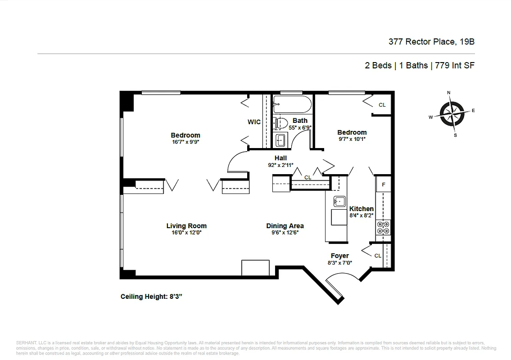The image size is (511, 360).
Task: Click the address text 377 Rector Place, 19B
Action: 431,42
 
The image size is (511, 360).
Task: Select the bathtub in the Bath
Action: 292,104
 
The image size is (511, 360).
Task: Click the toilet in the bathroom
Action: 280,122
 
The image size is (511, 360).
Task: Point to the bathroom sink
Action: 280,140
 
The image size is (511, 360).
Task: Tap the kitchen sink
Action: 339,201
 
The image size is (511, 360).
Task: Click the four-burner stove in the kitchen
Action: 384,227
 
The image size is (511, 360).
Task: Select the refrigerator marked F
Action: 384,184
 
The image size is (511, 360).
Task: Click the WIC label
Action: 254,122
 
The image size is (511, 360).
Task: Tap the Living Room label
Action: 186,226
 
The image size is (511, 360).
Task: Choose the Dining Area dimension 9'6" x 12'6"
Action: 285,233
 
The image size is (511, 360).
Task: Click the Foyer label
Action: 340,256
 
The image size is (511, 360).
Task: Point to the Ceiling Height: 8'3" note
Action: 151,297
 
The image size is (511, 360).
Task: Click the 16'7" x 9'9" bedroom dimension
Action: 185,142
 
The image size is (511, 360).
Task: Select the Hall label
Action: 280,158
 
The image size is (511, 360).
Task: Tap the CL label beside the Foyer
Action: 378,256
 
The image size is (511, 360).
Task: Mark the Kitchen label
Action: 362,209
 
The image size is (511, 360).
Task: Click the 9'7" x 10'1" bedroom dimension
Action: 352,139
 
